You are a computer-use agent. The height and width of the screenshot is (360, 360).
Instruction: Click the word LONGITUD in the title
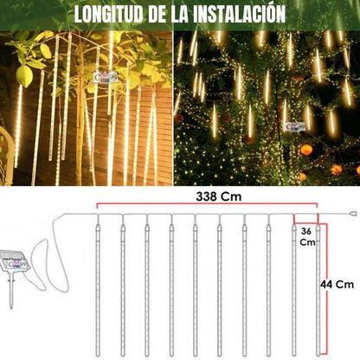(x=109, y=13)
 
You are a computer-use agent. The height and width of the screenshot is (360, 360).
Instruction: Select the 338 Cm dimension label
(x=219, y=196)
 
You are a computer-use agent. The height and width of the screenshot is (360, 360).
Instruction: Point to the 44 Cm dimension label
(x=337, y=285)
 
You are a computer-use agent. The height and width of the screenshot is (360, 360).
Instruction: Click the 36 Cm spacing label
(x=307, y=237)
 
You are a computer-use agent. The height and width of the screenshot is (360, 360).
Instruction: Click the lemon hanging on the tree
(x=24, y=76)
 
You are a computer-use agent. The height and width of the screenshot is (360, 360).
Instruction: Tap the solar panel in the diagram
(x=13, y=260)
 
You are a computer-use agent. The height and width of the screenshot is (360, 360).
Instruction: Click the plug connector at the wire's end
(x=353, y=214)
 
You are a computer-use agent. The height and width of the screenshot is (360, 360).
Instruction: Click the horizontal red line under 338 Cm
(x=207, y=203)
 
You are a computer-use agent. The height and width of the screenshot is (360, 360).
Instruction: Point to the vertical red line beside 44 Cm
(x=326, y=288)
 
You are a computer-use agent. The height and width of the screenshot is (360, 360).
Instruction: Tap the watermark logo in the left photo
(x=106, y=77)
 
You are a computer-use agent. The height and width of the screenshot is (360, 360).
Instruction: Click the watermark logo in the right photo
(x=295, y=126)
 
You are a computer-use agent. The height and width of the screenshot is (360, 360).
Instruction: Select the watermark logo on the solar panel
(x=16, y=264)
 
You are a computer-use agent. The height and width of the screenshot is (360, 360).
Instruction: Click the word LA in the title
(x=180, y=13)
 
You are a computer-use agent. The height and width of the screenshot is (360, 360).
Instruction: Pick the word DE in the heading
(x=157, y=13)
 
